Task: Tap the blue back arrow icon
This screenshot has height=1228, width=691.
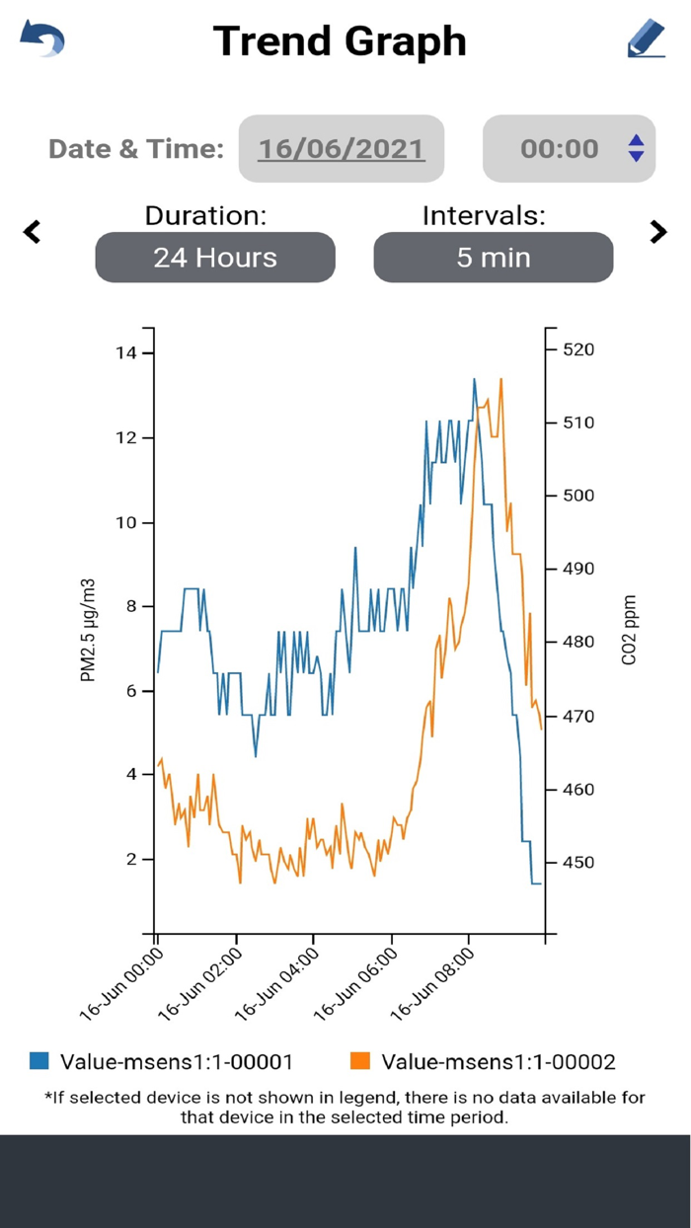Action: (x=42, y=39)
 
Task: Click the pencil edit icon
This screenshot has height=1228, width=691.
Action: (x=647, y=38)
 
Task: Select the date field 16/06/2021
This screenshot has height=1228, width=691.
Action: (x=342, y=149)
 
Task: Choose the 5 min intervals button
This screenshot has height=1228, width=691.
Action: (x=493, y=258)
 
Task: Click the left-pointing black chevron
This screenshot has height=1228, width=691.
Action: (x=33, y=232)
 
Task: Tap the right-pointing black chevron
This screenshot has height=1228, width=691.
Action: (x=658, y=232)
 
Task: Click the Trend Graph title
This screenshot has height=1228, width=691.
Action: (x=340, y=40)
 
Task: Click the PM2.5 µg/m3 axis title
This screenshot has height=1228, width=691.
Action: (x=88, y=632)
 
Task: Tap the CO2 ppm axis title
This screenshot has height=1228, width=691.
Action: (x=629, y=630)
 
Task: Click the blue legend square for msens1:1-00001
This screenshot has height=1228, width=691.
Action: (x=39, y=1061)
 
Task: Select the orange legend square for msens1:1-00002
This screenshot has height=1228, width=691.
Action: (x=360, y=1061)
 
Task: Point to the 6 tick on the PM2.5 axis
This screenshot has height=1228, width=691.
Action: (x=131, y=691)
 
